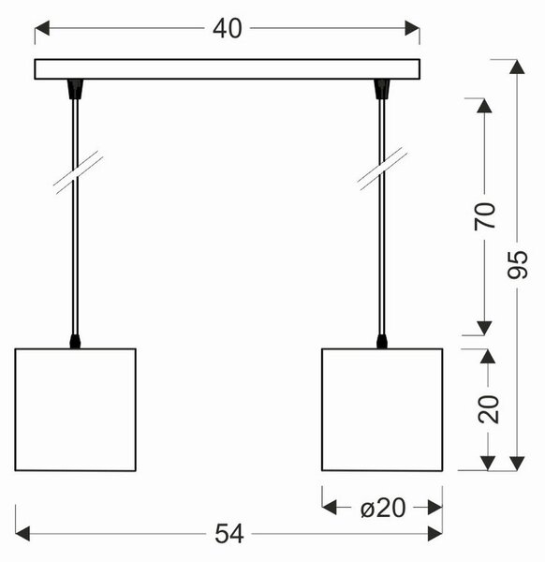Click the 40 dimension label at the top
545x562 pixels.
click(x=228, y=29)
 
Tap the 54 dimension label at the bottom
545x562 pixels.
click(x=229, y=534)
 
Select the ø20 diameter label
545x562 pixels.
click(x=383, y=508)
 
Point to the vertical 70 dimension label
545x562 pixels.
click(x=484, y=216)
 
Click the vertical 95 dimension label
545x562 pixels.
click(x=518, y=264)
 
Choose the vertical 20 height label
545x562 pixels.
click(x=488, y=409)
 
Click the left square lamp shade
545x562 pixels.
click(x=75, y=409)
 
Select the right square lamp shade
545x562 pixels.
click(x=382, y=409)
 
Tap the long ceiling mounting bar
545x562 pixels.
click(x=228, y=69)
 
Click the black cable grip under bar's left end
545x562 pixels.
click(x=75, y=89)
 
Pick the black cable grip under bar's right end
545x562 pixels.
click(x=382, y=89)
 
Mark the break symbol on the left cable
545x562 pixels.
click(x=78, y=172)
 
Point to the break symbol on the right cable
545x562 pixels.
click(x=382, y=169)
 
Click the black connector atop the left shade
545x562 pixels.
click(x=75, y=342)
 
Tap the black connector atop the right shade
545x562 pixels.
click(x=382, y=342)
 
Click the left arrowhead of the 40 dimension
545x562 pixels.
click(x=41, y=28)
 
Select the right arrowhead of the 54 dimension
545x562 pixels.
click(x=435, y=534)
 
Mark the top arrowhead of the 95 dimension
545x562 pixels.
click(x=517, y=67)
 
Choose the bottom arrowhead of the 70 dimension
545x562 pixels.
click(x=484, y=329)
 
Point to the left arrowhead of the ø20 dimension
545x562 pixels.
click(x=329, y=508)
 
